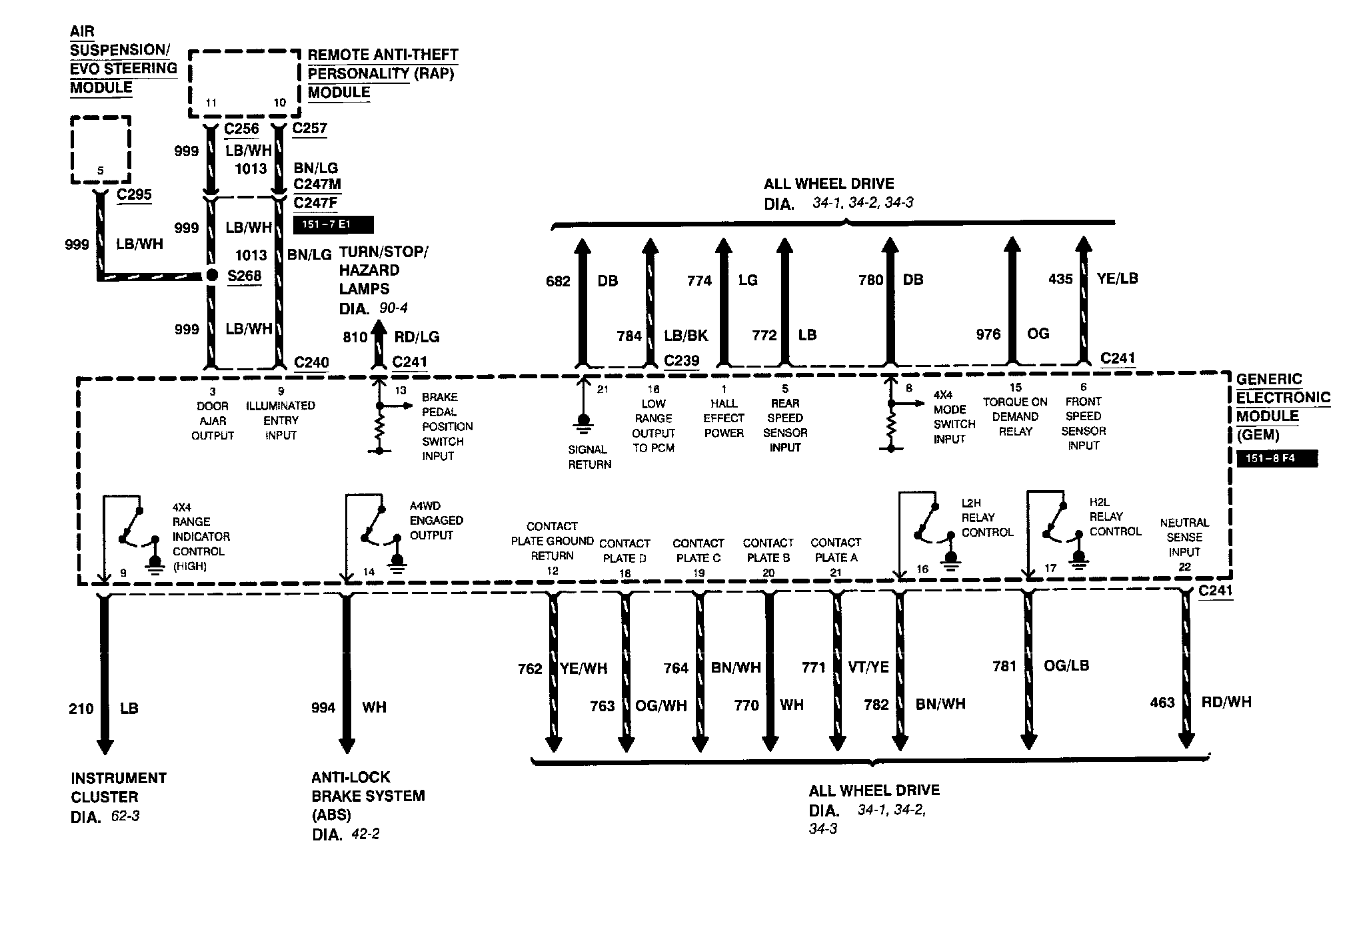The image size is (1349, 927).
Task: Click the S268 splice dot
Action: click(x=212, y=275)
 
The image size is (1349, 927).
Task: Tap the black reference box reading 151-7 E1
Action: click(x=333, y=224)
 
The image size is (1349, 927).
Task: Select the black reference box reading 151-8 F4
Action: click(x=1276, y=459)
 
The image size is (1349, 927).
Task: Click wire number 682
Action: click(x=558, y=281)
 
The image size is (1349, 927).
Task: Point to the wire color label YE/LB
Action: click(x=1117, y=278)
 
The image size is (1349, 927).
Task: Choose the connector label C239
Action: click(x=682, y=360)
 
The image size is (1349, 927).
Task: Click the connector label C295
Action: click(x=134, y=194)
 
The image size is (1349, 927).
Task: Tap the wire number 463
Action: click(x=1162, y=703)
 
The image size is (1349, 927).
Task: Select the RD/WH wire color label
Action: click(x=1226, y=702)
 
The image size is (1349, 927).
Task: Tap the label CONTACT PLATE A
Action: click(x=836, y=550)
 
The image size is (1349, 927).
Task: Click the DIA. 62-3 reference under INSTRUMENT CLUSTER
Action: click(x=105, y=816)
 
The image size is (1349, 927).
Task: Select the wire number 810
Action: click(x=355, y=337)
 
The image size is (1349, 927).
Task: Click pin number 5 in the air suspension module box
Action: click(x=101, y=170)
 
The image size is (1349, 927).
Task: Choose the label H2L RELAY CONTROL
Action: click(x=1115, y=517)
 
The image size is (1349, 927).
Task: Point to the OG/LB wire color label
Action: click(x=1066, y=665)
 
